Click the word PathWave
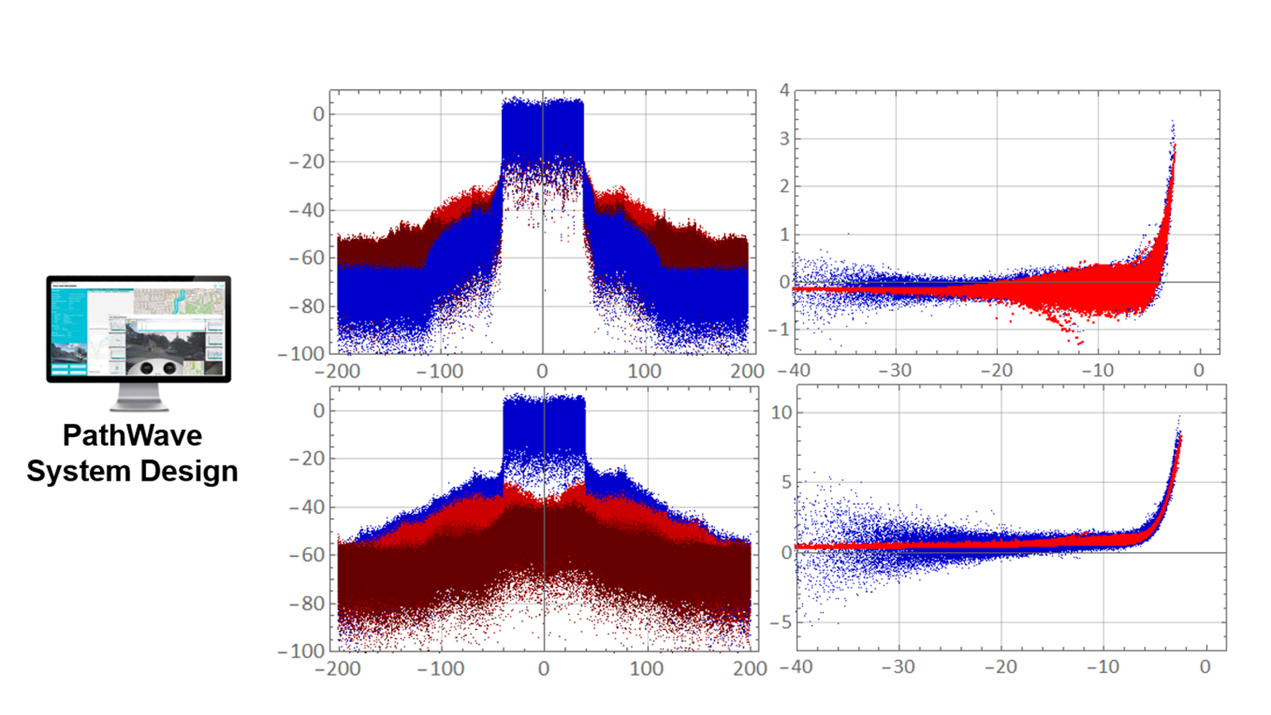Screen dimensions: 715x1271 click(x=132, y=435)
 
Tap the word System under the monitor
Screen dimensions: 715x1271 click(x=78, y=471)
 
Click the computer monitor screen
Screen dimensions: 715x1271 click(x=138, y=327)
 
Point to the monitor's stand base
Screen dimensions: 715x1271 click(x=139, y=406)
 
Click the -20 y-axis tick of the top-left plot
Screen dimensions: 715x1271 click(x=307, y=162)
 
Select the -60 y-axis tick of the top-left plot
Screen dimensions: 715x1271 click(x=307, y=258)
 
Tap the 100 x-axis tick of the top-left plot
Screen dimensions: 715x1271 click(x=644, y=371)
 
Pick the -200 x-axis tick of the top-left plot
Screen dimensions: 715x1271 click(x=338, y=371)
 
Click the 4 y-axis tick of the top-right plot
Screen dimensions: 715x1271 click(x=784, y=91)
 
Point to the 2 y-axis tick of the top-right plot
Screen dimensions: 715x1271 click(x=784, y=187)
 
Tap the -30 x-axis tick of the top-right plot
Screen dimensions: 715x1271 click(x=895, y=371)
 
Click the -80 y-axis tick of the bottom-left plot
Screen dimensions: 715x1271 click(x=307, y=604)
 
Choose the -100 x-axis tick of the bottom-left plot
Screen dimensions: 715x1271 click(x=441, y=669)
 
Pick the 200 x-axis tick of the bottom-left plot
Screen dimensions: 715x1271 click(x=750, y=669)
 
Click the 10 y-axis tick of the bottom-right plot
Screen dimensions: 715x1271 click(x=782, y=412)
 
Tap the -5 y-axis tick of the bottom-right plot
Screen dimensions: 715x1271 click(x=781, y=623)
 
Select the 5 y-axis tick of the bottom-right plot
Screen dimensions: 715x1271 click(x=786, y=482)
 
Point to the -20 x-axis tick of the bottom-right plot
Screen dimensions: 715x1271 click(x=1000, y=667)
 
